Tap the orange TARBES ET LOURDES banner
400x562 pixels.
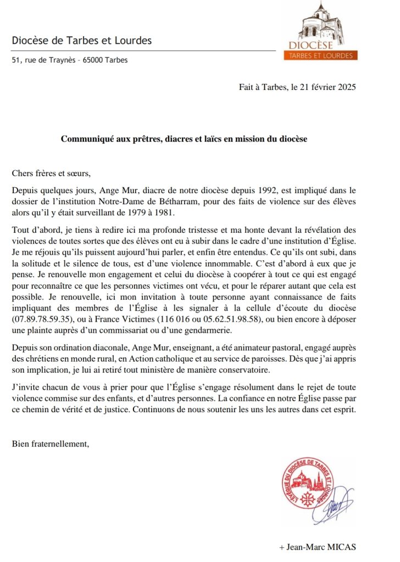click(322, 55)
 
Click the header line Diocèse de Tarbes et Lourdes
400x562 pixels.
click(82, 41)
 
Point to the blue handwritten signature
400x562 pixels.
click(339, 503)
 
